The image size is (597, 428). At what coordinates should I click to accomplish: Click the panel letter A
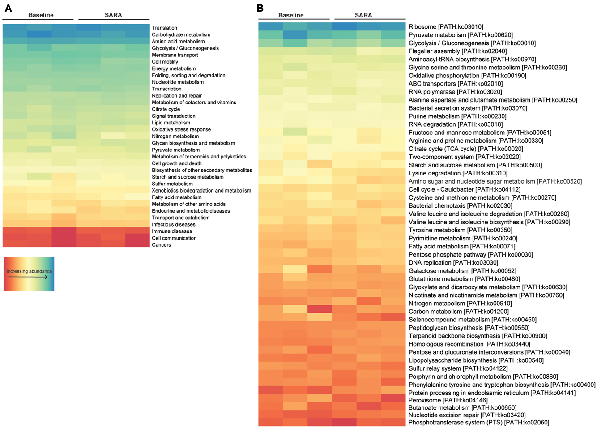8,9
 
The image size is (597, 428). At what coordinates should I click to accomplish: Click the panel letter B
260,9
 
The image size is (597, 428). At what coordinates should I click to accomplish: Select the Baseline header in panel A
41,15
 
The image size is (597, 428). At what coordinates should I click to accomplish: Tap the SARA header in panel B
363,15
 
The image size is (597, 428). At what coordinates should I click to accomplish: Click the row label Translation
164,28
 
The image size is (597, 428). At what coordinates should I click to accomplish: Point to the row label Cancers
161,245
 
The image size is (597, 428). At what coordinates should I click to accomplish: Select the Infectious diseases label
173,224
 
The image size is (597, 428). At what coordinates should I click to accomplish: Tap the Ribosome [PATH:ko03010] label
446,27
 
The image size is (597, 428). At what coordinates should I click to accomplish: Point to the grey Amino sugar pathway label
495,181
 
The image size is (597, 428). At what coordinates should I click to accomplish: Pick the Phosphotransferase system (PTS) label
478,422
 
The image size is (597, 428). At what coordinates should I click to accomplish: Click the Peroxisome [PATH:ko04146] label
448,400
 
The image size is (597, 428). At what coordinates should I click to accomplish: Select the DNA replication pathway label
453,263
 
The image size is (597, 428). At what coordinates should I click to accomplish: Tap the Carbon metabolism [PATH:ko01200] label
458,312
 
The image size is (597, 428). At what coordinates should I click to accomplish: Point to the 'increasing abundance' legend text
29,271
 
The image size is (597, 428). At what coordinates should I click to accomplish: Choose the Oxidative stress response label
181,129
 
